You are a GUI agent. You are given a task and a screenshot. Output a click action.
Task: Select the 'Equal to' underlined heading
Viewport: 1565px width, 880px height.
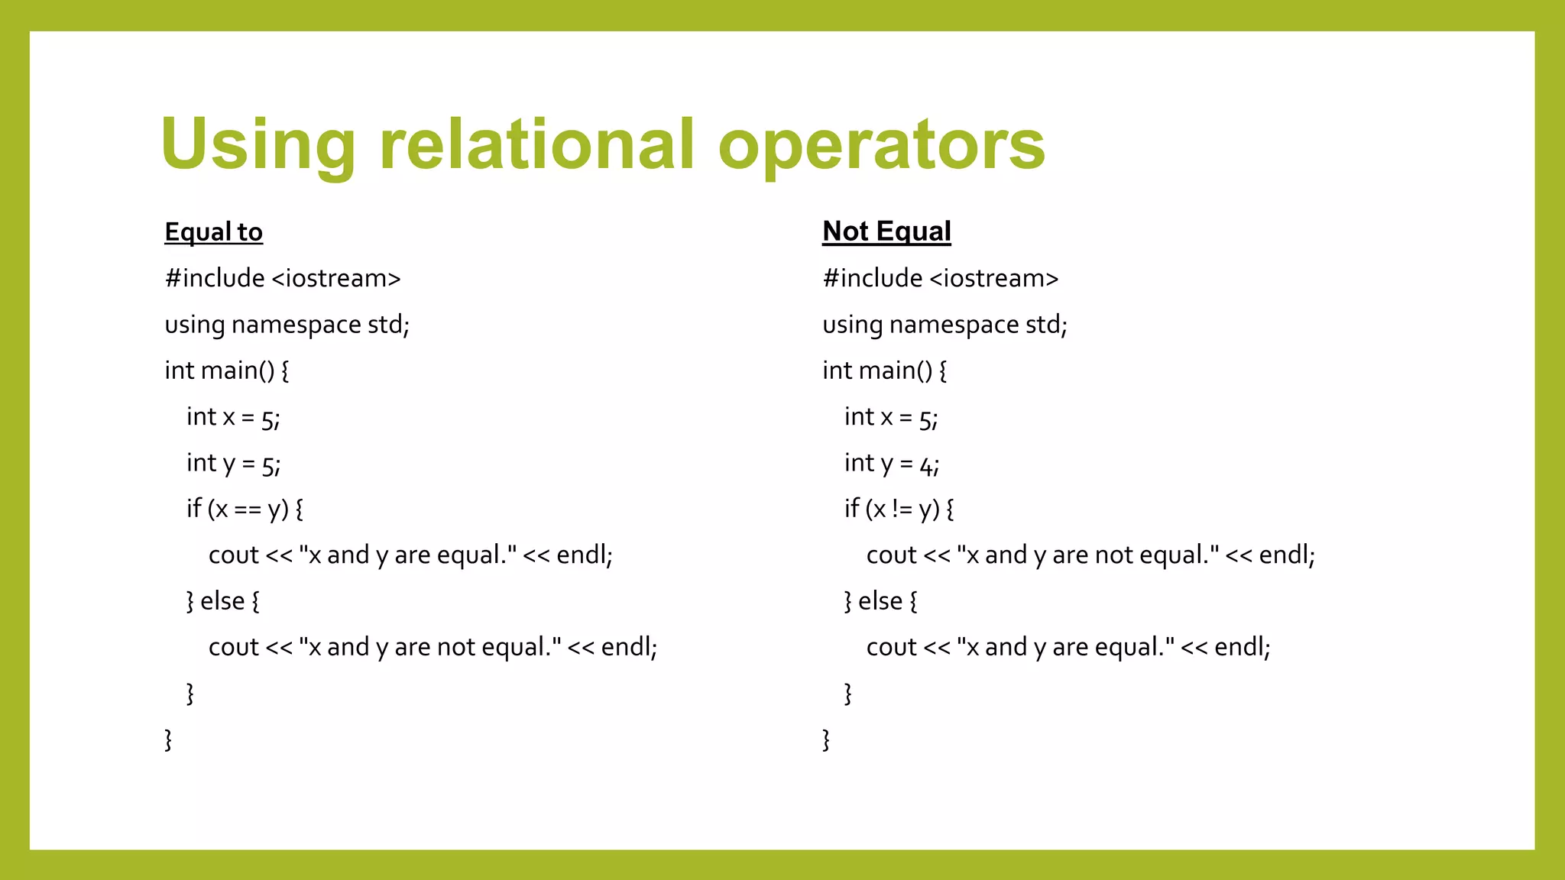213,231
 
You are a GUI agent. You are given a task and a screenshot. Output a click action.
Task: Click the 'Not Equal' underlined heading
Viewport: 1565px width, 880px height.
886,231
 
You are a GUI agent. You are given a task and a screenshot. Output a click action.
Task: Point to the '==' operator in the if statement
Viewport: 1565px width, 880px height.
248,510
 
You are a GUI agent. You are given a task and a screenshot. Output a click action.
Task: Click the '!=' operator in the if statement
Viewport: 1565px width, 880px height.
902,510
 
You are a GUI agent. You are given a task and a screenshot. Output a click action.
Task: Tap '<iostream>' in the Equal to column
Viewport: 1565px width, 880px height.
336,278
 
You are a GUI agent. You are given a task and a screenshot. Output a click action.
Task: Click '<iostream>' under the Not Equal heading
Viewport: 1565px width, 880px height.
994,278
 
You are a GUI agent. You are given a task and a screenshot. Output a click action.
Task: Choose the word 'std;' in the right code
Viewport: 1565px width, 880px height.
1046,325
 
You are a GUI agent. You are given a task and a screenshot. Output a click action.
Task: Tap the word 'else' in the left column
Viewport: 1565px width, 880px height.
222,601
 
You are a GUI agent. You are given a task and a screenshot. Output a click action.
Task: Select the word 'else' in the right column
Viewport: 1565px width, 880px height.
880,601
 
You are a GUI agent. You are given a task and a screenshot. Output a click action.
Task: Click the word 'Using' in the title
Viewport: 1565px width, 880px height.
258,145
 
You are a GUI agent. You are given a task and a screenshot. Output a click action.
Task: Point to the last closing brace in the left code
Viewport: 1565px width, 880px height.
168,739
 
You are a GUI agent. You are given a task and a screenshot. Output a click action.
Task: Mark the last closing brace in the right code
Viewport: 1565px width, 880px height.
826,739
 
